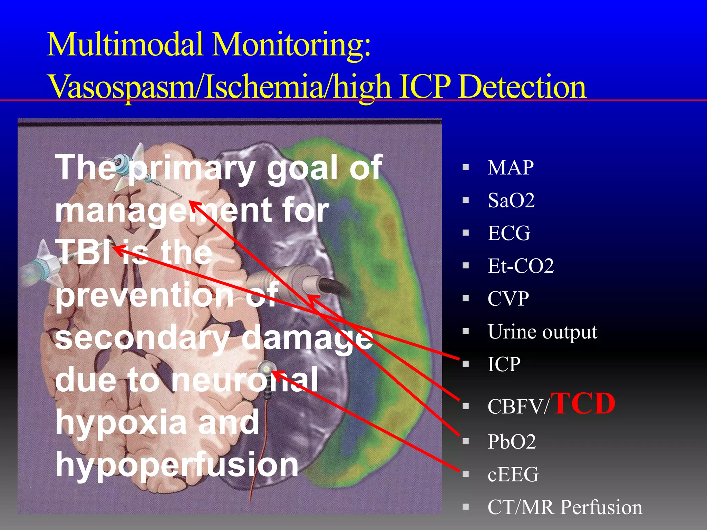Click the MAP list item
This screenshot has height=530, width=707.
tap(510, 168)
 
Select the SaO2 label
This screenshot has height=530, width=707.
tap(511, 200)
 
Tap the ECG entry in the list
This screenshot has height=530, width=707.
tap(509, 233)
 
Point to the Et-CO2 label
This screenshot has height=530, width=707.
tap(520, 266)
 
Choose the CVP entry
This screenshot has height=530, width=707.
tap(508, 299)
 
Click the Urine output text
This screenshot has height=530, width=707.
tap(542, 332)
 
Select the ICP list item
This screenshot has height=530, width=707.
tap(504, 364)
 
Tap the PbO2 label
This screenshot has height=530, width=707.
tap(511, 442)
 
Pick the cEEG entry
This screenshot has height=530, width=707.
tap(513, 474)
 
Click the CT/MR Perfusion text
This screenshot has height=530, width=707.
tap(564, 507)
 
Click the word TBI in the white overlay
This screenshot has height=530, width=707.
tap(83, 252)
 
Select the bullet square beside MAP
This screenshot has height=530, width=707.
tap(466, 168)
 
